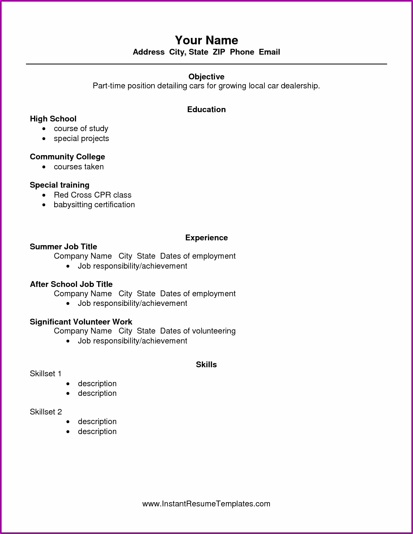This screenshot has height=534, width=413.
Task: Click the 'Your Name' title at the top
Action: pos(206,40)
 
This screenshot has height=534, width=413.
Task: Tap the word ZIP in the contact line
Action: pos(219,52)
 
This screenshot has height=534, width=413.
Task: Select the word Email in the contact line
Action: pos(269,52)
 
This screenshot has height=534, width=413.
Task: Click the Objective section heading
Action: pos(206,77)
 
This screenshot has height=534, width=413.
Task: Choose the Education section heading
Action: pos(206,110)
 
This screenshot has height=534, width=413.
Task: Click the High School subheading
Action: pos(53,119)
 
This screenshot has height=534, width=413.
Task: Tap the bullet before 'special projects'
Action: pos(44,139)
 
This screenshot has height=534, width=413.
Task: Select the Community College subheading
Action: pos(67,157)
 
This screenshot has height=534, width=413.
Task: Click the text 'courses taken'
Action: pos(79,167)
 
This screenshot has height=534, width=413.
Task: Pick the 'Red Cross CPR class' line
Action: pos(92,195)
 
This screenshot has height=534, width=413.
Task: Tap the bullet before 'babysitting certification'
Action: pos(44,205)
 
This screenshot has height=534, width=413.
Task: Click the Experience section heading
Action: pos(206,238)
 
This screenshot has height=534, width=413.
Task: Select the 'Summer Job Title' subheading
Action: pos(63,247)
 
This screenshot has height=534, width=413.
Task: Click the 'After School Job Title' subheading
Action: pos(71,284)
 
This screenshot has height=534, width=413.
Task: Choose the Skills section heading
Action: pos(206,365)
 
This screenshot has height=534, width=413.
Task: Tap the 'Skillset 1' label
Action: pos(46,374)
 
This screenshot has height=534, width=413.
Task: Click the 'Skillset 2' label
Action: pos(46,412)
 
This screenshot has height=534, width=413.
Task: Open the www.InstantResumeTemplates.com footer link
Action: pos(206,504)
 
